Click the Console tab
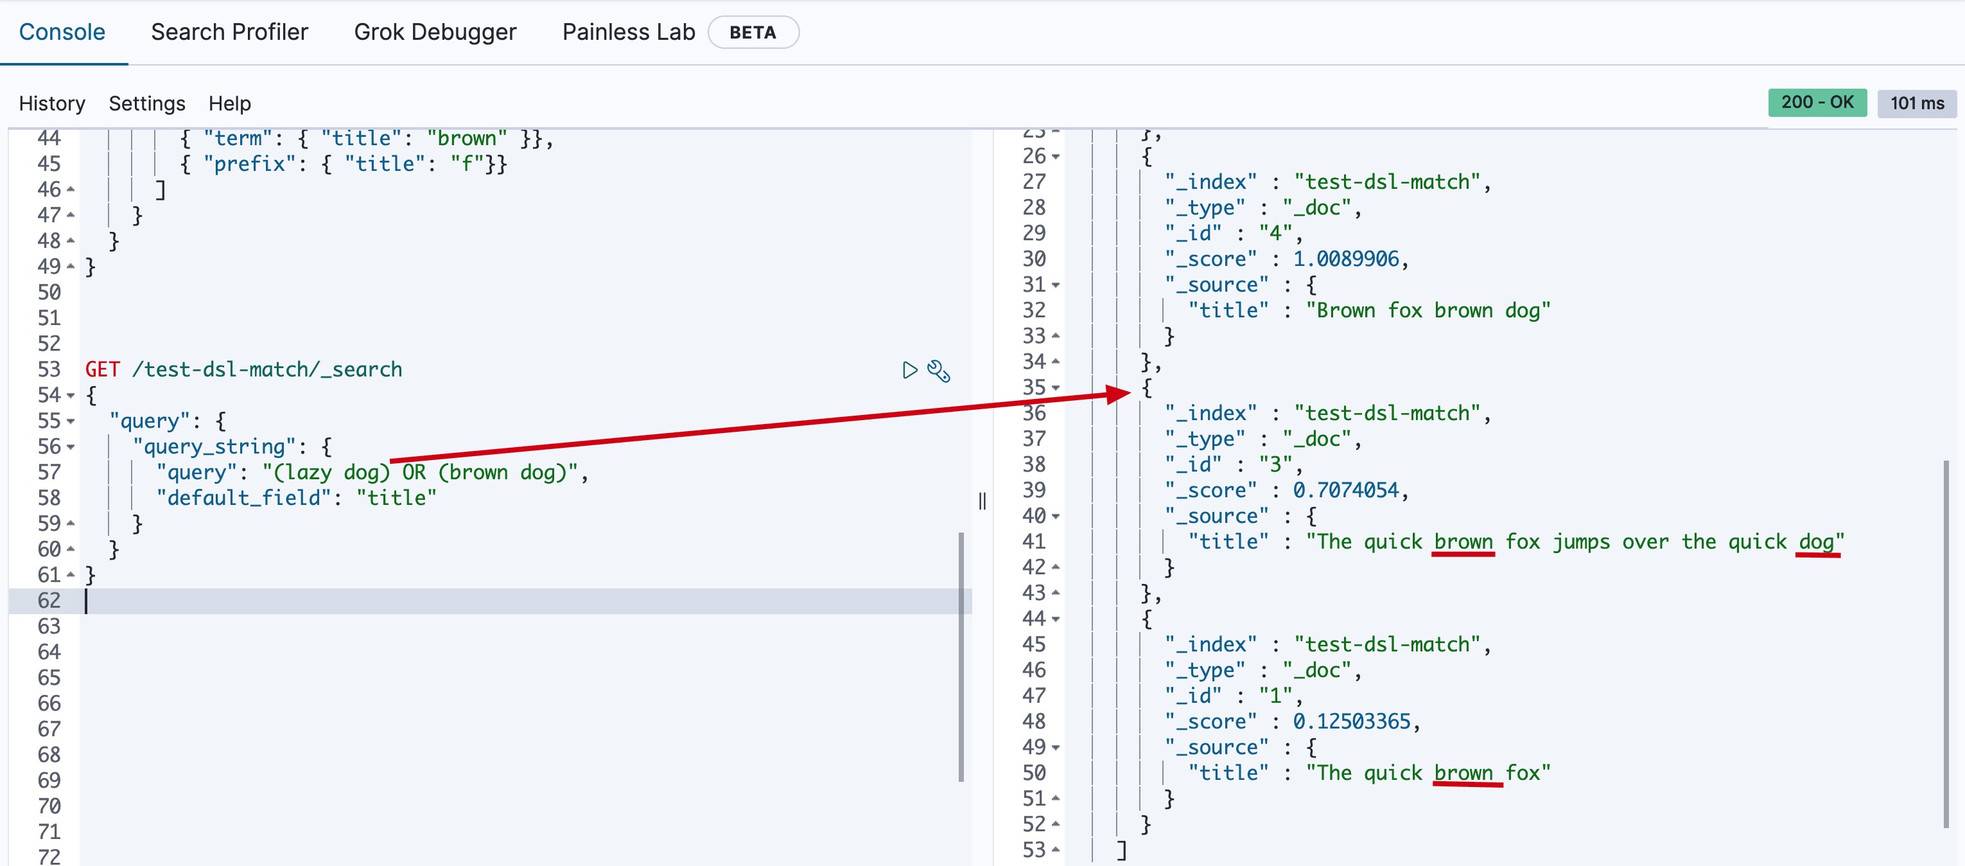click(x=62, y=32)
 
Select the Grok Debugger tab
click(x=435, y=32)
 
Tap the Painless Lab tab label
click(x=628, y=32)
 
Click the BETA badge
click(x=752, y=33)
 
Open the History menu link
click(x=52, y=103)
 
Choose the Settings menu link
click(x=146, y=103)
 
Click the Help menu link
click(x=230, y=103)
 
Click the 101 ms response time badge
click(x=1916, y=103)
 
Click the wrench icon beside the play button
click(x=938, y=371)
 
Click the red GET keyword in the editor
click(x=102, y=369)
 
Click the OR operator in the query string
click(x=414, y=472)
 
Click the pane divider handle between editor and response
click(x=982, y=501)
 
